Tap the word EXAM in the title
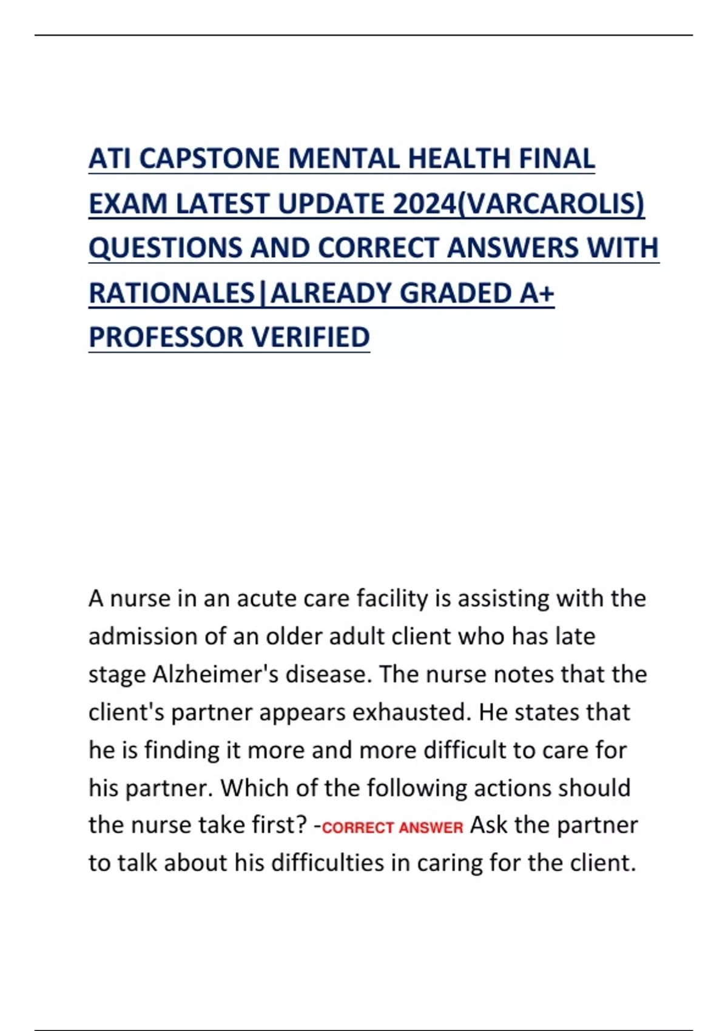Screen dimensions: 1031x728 click(x=127, y=204)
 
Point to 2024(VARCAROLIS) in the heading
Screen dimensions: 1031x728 click(x=519, y=204)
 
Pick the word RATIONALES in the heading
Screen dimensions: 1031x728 click(x=172, y=293)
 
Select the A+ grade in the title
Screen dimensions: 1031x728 click(x=537, y=293)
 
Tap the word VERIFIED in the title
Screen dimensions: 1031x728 click(x=311, y=337)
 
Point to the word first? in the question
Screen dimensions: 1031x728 click(x=278, y=825)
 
